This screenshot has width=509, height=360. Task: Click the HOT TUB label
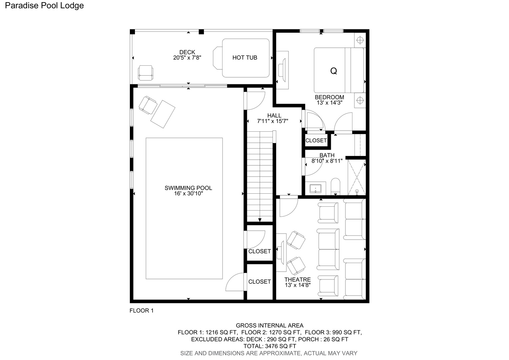click(245, 58)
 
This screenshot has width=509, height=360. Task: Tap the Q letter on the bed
click(333, 71)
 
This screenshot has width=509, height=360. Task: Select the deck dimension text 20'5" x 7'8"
click(187, 58)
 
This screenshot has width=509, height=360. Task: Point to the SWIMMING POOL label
click(188, 188)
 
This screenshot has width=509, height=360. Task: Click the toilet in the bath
click(335, 187)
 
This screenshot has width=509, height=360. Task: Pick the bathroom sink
click(315, 189)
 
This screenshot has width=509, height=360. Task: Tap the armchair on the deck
click(146, 73)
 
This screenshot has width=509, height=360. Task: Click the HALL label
click(274, 116)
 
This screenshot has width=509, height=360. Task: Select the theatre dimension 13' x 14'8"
click(298, 285)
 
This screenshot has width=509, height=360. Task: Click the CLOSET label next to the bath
click(316, 141)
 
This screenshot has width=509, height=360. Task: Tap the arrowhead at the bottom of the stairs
click(260, 220)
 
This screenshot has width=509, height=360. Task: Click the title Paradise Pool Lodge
click(44, 5)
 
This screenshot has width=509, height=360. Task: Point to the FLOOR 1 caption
click(142, 310)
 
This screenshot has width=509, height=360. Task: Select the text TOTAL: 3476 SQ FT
click(270, 346)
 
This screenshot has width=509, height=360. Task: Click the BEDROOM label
click(329, 97)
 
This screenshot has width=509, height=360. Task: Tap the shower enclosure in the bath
click(357, 177)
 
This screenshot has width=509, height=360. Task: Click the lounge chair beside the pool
click(163, 114)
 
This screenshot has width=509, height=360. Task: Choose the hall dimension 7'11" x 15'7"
click(273, 121)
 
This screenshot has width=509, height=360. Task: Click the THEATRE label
click(298, 279)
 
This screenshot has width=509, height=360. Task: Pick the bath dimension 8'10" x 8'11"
click(327, 161)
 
